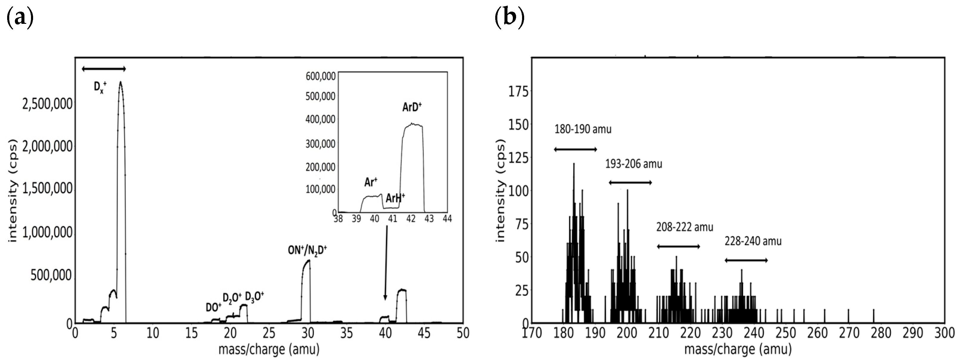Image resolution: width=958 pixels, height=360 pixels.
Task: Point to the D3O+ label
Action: point(254,297)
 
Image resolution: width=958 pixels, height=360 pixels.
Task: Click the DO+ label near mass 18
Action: point(213,307)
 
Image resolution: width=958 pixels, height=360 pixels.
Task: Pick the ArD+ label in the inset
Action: point(412,107)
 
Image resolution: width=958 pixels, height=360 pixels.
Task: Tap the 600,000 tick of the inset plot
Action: point(321,76)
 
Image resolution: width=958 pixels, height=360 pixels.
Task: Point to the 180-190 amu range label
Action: point(583,129)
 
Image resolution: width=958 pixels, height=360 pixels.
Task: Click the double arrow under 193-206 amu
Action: point(630,183)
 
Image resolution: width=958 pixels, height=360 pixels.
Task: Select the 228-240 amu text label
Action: point(753,241)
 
